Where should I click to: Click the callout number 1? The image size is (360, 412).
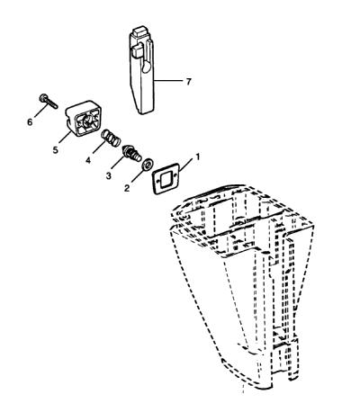(197, 157)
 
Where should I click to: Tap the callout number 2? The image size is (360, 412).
(127, 188)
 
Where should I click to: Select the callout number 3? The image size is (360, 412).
(108, 175)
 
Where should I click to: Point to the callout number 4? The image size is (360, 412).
(88, 160)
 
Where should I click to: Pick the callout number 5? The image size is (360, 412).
(55, 150)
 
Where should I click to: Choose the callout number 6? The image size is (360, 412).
(30, 122)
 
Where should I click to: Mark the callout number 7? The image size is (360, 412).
(188, 82)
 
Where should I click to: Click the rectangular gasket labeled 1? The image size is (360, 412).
(166, 180)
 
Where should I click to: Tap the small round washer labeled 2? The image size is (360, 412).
(148, 165)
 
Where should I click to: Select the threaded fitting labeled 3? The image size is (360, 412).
(131, 153)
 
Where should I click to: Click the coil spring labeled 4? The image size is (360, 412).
(111, 137)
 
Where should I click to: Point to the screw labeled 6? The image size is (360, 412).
(49, 101)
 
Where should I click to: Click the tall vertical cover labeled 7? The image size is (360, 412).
(141, 71)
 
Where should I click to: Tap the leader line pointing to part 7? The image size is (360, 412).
(168, 81)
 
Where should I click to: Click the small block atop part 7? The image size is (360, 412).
(139, 32)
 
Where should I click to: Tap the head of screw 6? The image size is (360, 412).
(43, 97)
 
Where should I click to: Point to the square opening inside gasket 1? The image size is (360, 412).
(165, 180)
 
